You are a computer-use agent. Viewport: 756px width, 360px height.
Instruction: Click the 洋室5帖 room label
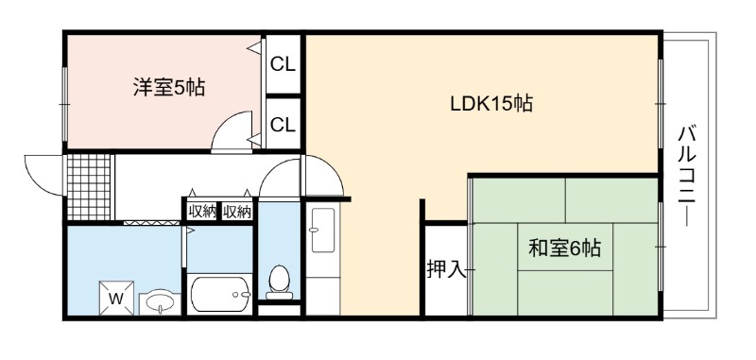point(169,87)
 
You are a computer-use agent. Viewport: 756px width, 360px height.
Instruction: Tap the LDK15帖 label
point(491,103)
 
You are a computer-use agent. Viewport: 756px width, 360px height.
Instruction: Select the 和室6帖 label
point(564,249)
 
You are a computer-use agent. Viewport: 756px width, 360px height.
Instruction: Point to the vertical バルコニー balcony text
point(687,176)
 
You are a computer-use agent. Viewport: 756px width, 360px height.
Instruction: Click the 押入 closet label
point(446,270)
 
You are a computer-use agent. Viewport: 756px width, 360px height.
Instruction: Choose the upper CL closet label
point(283,64)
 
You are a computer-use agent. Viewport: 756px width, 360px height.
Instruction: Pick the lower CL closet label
point(283,126)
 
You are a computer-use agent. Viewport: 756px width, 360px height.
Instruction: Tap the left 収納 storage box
point(202,211)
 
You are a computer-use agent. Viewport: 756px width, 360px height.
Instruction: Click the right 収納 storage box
point(237,211)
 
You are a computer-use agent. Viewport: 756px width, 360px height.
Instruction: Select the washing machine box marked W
point(115,298)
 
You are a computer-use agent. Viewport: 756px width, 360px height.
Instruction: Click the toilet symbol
point(279,282)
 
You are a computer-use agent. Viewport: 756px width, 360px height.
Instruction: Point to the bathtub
point(220,295)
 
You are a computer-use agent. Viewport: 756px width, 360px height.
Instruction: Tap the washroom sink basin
point(160,303)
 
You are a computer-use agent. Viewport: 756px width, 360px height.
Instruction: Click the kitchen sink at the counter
point(323,230)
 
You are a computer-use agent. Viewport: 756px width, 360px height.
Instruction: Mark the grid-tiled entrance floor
point(89,187)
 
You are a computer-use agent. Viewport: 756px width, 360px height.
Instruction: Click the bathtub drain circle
point(235,295)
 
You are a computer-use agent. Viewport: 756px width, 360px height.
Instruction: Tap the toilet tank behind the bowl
point(279,296)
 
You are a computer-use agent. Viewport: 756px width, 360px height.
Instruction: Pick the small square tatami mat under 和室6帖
point(565,247)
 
